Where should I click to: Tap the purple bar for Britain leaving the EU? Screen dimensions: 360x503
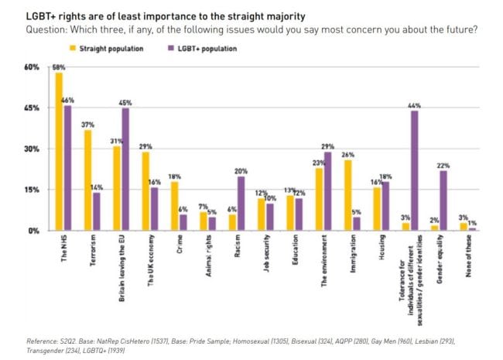click(x=125, y=170)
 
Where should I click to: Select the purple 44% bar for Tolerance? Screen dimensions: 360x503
click(x=415, y=170)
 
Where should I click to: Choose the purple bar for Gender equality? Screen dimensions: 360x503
click(x=443, y=201)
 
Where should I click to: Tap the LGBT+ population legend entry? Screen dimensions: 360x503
click(x=202, y=49)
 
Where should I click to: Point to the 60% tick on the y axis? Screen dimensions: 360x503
click(x=31, y=67)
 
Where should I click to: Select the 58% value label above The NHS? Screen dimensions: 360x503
click(x=59, y=67)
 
